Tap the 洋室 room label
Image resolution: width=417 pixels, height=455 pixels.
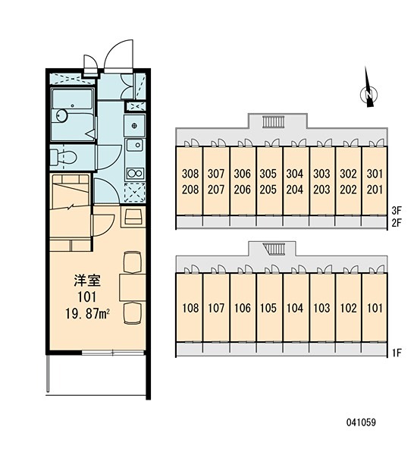pyautogui.click(x=87, y=281)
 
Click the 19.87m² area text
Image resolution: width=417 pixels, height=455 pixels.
pyautogui.click(x=87, y=314)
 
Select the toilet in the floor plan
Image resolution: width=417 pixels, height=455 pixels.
pyautogui.click(x=63, y=158)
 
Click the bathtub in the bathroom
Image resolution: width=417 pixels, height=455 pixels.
pyautogui.click(x=73, y=115)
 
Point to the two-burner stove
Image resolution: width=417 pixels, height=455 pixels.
pyautogui.click(x=135, y=173)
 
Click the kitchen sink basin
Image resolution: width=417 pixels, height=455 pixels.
pyautogui.click(x=134, y=145)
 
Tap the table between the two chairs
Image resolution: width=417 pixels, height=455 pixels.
pyautogui.click(x=133, y=287)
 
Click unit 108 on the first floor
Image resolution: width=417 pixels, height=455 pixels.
pyautogui.click(x=190, y=308)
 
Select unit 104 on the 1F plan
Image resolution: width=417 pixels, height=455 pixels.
pyautogui.click(x=295, y=308)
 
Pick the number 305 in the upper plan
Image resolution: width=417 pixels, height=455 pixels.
pyautogui.click(x=268, y=174)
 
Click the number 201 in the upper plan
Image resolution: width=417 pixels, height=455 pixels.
pyautogui.click(x=375, y=190)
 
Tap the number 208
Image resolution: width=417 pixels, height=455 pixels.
pyautogui.click(x=190, y=190)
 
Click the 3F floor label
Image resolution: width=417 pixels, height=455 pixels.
pyautogui.click(x=397, y=210)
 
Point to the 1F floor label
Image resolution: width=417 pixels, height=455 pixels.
pyautogui.click(x=397, y=353)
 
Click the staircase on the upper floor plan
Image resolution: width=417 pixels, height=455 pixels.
pyautogui.click(x=274, y=122)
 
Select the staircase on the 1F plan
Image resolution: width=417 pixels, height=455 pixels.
pyautogui.click(x=274, y=249)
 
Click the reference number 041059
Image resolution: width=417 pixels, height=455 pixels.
pyautogui.click(x=361, y=422)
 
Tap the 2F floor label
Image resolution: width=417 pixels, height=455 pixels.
pyautogui.click(x=397, y=223)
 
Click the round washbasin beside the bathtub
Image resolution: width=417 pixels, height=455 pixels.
pyautogui.click(x=61, y=115)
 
